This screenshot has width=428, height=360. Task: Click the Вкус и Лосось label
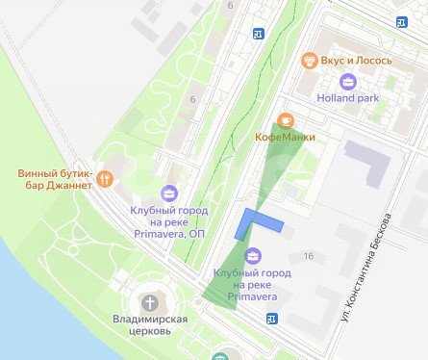click(356, 61)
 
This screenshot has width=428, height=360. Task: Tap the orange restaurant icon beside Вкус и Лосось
click(308, 61)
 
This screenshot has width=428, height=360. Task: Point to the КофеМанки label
click(284, 138)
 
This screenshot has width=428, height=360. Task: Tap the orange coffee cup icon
click(284, 121)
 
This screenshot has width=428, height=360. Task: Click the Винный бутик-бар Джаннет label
click(55, 180)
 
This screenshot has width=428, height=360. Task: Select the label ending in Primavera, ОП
click(169, 219)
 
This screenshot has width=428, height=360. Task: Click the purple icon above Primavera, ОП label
click(169, 193)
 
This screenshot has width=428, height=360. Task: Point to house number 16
click(309, 255)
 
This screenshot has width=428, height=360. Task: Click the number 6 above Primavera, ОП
click(193, 100)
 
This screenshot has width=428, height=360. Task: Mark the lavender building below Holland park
click(366, 158)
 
